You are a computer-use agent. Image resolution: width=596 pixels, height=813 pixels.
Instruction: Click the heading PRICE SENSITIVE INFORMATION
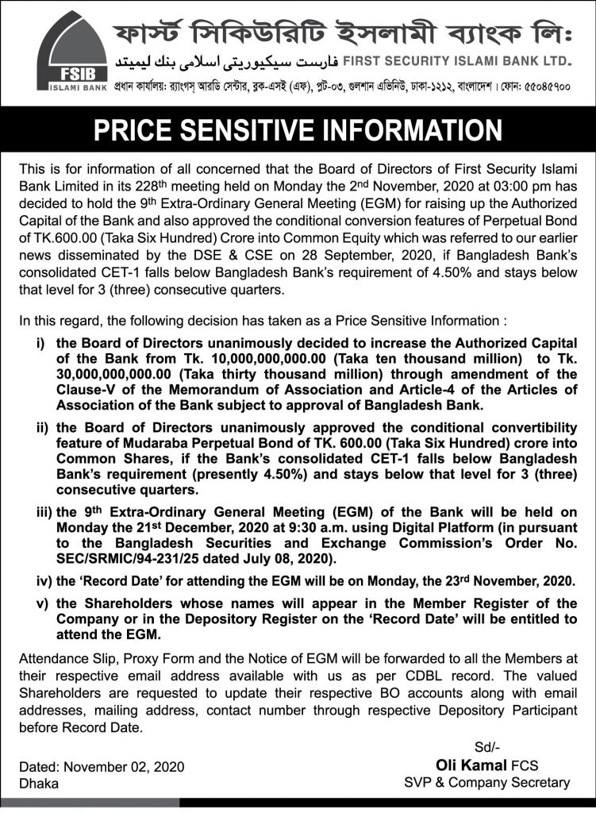[x=298, y=131]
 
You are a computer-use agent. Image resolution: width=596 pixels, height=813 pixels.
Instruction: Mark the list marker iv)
[x=38, y=582]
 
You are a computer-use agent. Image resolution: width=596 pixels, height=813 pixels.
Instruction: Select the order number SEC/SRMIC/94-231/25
[x=135, y=559]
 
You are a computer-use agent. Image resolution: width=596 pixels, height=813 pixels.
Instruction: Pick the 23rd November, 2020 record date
[x=506, y=582]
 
